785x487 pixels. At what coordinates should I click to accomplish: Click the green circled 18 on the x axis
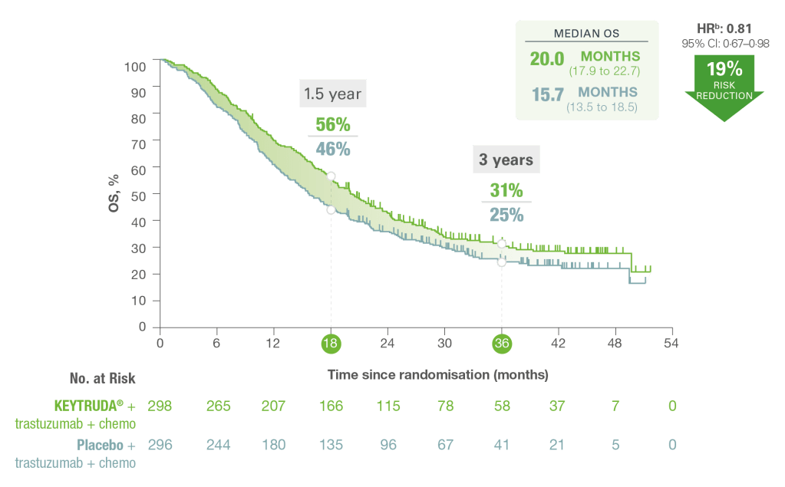pyautogui.click(x=331, y=344)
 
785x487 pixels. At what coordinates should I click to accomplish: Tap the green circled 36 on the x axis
pyautogui.click(x=502, y=344)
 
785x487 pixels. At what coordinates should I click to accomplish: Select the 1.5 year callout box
pyautogui.click(x=332, y=94)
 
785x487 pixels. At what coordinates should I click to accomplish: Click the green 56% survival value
pyautogui.click(x=332, y=124)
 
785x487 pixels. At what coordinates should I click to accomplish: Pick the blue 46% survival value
pyautogui.click(x=332, y=148)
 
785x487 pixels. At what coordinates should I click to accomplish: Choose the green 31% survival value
pyautogui.click(x=506, y=190)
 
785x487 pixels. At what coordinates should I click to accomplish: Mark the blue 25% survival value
pyautogui.click(x=506, y=215)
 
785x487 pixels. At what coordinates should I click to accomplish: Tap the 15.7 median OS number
pyautogui.click(x=548, y=94)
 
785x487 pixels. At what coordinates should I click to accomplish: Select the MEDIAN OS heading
pyautogui.click(x=586, y=34)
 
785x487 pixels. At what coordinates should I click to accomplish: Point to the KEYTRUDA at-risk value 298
pyautogui.click(x=160, y=406)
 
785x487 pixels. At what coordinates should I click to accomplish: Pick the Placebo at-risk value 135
pyautogui.click(x=331, y=444)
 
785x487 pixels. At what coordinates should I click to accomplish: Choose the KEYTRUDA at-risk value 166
pyautogui.click(x=331, y=406)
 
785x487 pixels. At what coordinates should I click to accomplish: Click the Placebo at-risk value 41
pyautogui.click(x=502, y=444)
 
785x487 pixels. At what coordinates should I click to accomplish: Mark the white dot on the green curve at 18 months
pyautogui.click(x=331, y=176)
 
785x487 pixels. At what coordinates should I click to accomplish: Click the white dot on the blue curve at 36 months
pyautogui.click(x=502, y=262)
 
